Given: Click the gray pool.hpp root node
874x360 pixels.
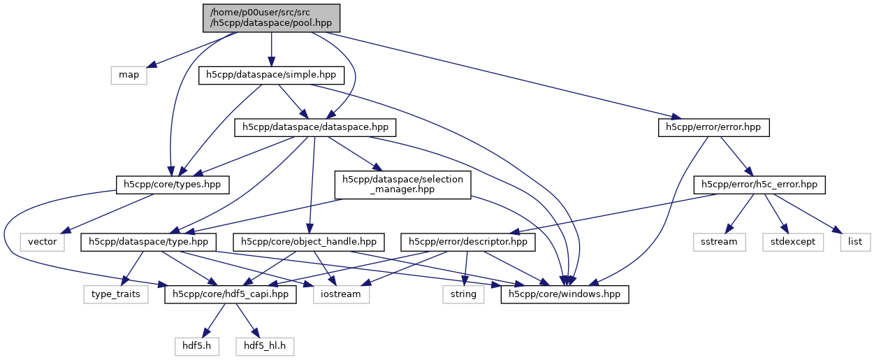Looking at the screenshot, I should [x=272, y=17].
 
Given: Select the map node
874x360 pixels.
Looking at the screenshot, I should [x=129, y=75].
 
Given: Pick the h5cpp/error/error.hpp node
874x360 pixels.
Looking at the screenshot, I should [x=713, y=127].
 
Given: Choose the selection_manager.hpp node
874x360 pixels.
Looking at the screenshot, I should [x=402, y=185].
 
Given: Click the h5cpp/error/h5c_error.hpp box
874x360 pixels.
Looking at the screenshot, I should [x=759, y=185].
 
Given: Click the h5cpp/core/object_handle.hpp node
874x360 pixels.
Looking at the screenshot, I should [x=309, y=242].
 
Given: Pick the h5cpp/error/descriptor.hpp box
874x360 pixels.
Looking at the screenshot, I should [x=468, y=242].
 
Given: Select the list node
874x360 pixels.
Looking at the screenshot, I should [x=855, y=242].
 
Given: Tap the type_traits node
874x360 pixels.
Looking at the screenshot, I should [x=116, y=294].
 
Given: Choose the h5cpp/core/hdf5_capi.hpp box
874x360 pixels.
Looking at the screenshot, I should [x=231, y=294].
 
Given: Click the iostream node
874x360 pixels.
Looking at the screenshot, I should [x=342, y=294].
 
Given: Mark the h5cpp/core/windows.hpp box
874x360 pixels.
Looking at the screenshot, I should [x=565, y=294].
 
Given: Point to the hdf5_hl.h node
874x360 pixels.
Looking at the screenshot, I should [x=265, y=345].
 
